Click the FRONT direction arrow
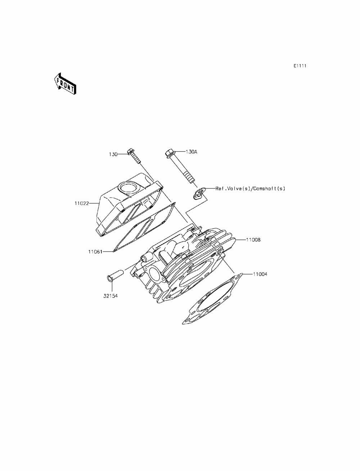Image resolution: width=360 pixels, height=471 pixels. [x=65, y=83]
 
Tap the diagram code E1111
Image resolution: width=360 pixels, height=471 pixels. [x=300, y=66]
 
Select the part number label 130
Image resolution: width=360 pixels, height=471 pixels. [x=113, y=154]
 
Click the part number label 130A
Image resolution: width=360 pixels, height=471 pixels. [x=191, y=152]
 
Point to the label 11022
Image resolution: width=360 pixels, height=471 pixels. [x=81, y=203]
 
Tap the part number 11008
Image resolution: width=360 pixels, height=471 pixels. [x=253, y=239]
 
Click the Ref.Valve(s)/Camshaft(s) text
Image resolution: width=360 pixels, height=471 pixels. [x=250, y=188]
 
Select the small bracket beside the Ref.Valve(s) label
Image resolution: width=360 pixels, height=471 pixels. [x=198, y=194]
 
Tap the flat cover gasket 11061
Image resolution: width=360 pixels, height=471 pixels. [x=144, y=228]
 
